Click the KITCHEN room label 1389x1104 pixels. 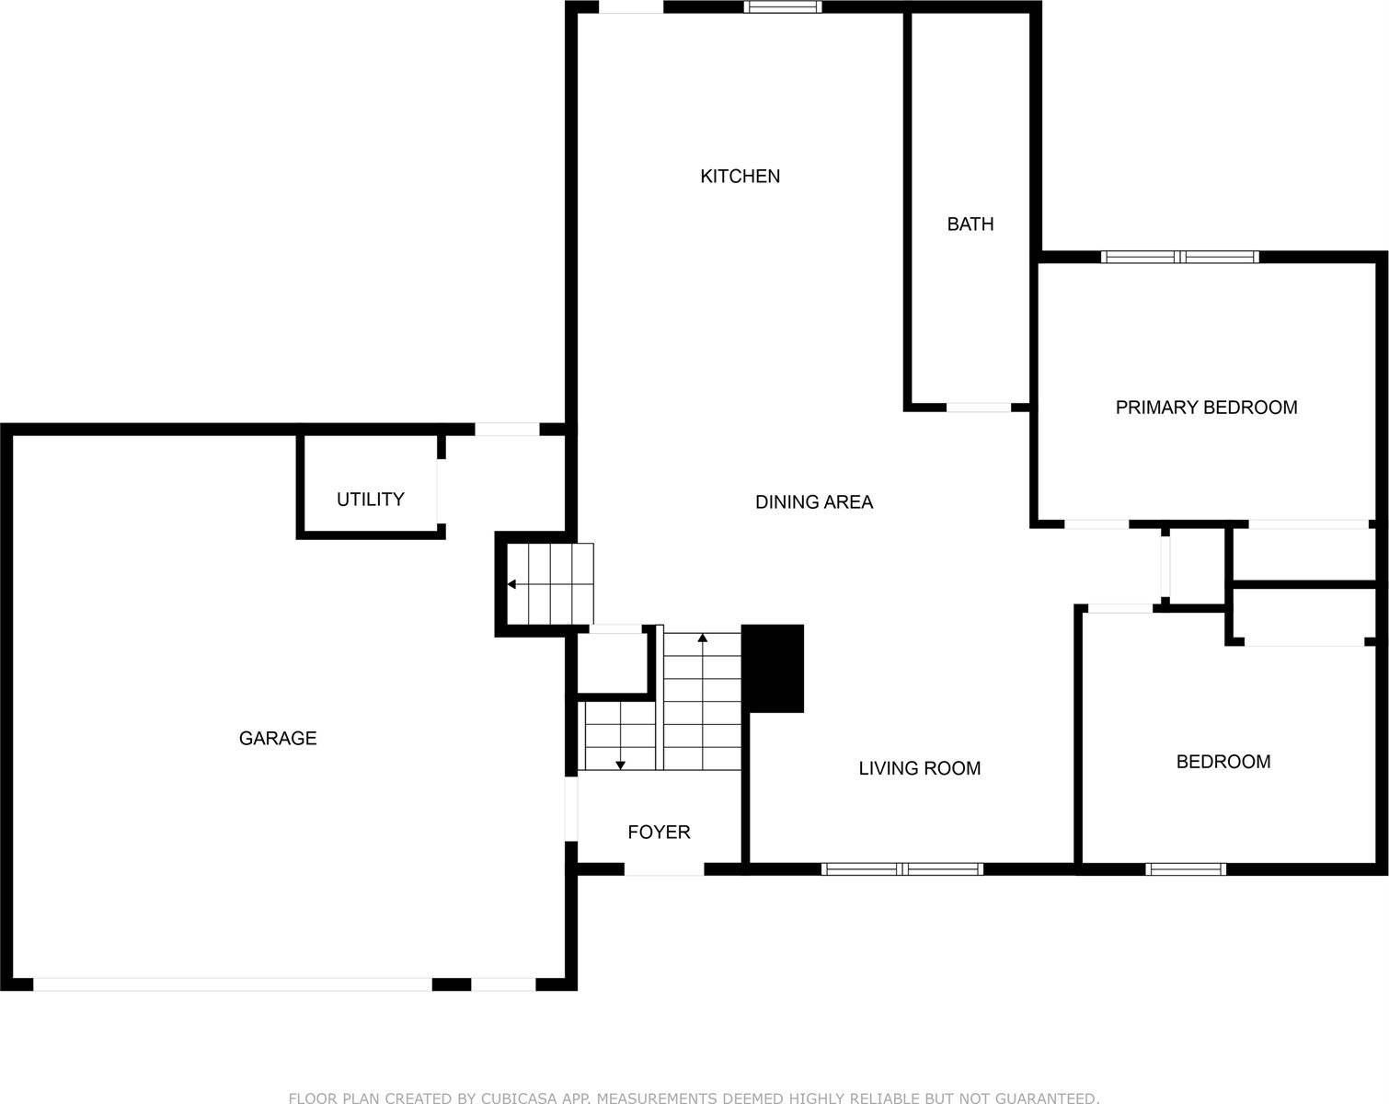pyautogui.click(x=740, y=176)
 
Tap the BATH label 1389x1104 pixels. pyautogui.click(x=970, y=224)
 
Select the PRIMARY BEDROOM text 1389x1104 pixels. pyautogui.click(x=1206, y=407)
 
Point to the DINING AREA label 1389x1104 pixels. pyautogui.click(x=813, y=501)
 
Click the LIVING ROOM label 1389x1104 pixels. pyautogui.click(x=919, y=768)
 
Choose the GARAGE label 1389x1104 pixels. pyautogui.click(x=277, y=738)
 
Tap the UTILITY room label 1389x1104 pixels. pyautogui.click(x=370, y=499)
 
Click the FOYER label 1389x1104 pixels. pyautogui.click(x=659, y=832)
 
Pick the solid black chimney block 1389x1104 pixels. pyautogui.click(x=773, y=668)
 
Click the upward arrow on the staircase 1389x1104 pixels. pyautogui.click(x=703, y=637)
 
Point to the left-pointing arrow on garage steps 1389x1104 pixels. pyautogui.click(x=511, y=584)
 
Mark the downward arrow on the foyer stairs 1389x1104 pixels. pyautogui.click(x=621, y=764)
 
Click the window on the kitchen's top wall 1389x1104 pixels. pyautogui.click(x=782, y=7)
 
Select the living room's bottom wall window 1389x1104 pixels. pyautogui.click(x=902, y=868)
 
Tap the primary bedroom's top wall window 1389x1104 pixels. pyautogui.click(x=1179, y=257)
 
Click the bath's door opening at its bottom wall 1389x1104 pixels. pyautogui.click(x=979, y=407)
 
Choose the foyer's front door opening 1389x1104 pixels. pyautogui.click(x=664, y=868)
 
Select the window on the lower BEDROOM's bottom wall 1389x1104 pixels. pyautogui.click(x=1186, y=868)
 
